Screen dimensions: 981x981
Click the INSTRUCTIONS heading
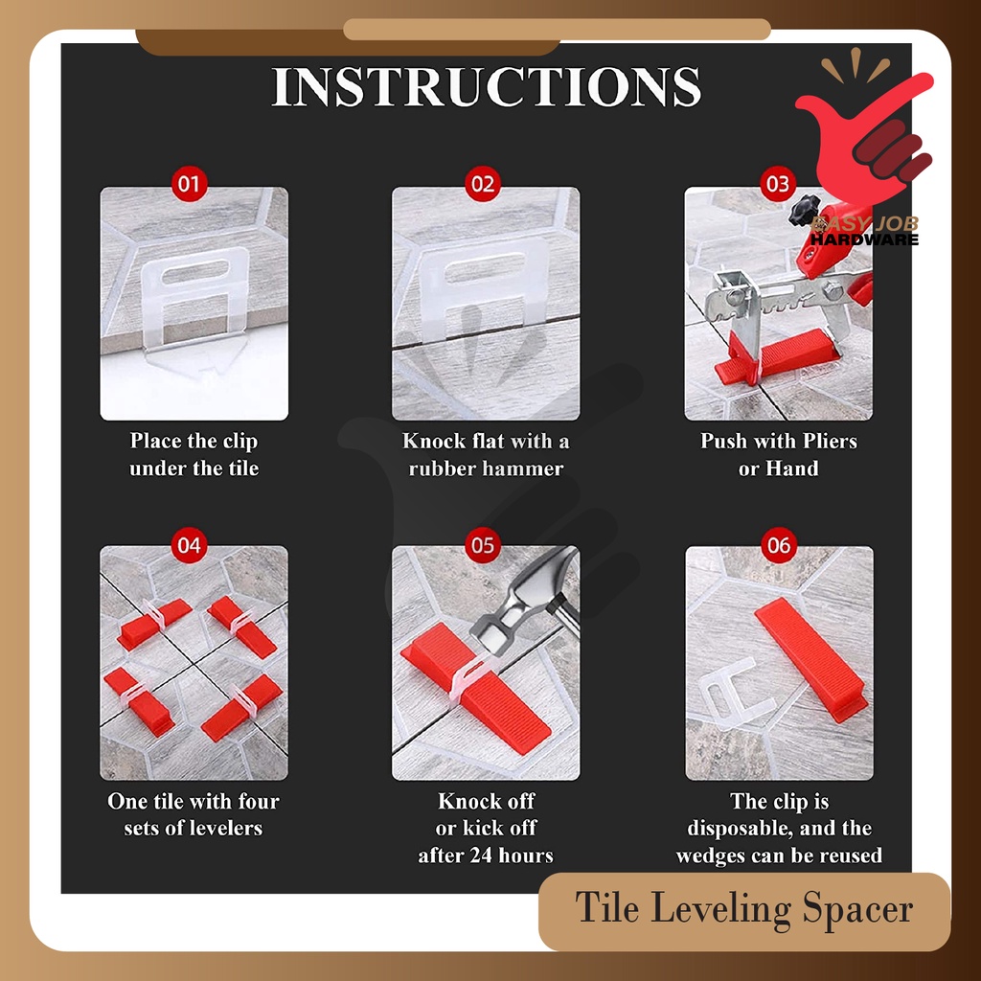coord(486,86)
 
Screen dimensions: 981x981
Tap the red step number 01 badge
coord(189,184)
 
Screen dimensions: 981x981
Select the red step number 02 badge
coord(483,184)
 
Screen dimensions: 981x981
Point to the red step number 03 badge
coord(778,184)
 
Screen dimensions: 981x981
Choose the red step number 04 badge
coord(189,545)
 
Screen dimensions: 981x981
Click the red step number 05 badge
coord(483,545)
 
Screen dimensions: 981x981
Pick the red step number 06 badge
coord(778,545)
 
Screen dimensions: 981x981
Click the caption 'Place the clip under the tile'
coord(194,455)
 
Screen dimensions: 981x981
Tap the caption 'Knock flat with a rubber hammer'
coord(486,455)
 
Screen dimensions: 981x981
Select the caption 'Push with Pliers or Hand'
coord(778,455)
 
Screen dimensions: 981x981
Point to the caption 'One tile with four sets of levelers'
coord(194,814)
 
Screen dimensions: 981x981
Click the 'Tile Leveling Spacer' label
coord(743,909)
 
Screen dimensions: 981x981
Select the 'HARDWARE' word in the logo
coord(864,240)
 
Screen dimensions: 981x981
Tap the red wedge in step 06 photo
coord(811,659)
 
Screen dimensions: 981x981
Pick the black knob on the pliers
coord(804,211)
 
